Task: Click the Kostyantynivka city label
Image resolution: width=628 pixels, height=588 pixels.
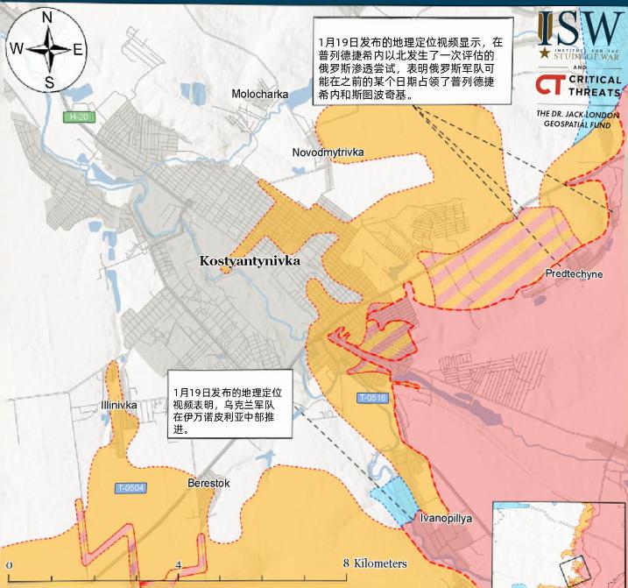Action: click(250, 261)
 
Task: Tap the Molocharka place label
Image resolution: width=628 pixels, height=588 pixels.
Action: click(260, 94)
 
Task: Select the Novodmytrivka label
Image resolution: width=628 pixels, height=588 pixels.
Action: click(328, 152)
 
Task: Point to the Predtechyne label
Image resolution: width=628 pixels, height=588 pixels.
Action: click(574, 274)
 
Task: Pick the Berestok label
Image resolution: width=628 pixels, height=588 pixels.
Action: click(208, 483)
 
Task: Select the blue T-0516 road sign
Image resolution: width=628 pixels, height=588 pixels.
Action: click(372, 399)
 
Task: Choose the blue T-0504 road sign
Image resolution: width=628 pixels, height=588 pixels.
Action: click(130, 487)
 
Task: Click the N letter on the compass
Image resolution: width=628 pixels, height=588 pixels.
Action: click(47, 18)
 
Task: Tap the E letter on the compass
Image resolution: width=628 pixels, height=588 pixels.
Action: click(78, 49)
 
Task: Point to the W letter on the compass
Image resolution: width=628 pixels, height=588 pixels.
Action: click(17, 49)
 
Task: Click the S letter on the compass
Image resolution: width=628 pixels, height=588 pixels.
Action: click(49, 82)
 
